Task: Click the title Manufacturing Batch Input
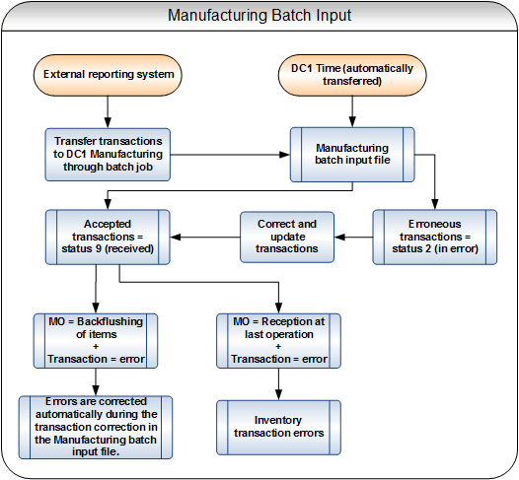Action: tap(259, 16)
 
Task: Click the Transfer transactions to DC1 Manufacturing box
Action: tap(109, 154)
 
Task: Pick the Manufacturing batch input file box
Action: tap(351, 154)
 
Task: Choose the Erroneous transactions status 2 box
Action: tap(434, 238)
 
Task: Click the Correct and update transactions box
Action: tap(280, 238)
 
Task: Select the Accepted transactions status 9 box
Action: tap(109, 238)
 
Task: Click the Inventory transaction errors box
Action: tap(278, 426)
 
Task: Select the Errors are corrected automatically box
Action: tap(96, 426)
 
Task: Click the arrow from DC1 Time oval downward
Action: tap(351, 110)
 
